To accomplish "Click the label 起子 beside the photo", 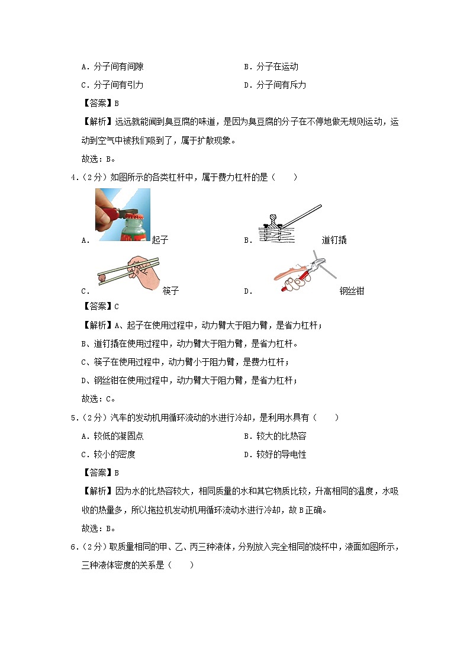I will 160,240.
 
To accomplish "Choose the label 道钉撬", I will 334,240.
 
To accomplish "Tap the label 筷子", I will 170,291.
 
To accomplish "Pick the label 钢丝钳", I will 352,291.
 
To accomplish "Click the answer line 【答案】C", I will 99,306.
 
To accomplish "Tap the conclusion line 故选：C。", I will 98,399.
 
